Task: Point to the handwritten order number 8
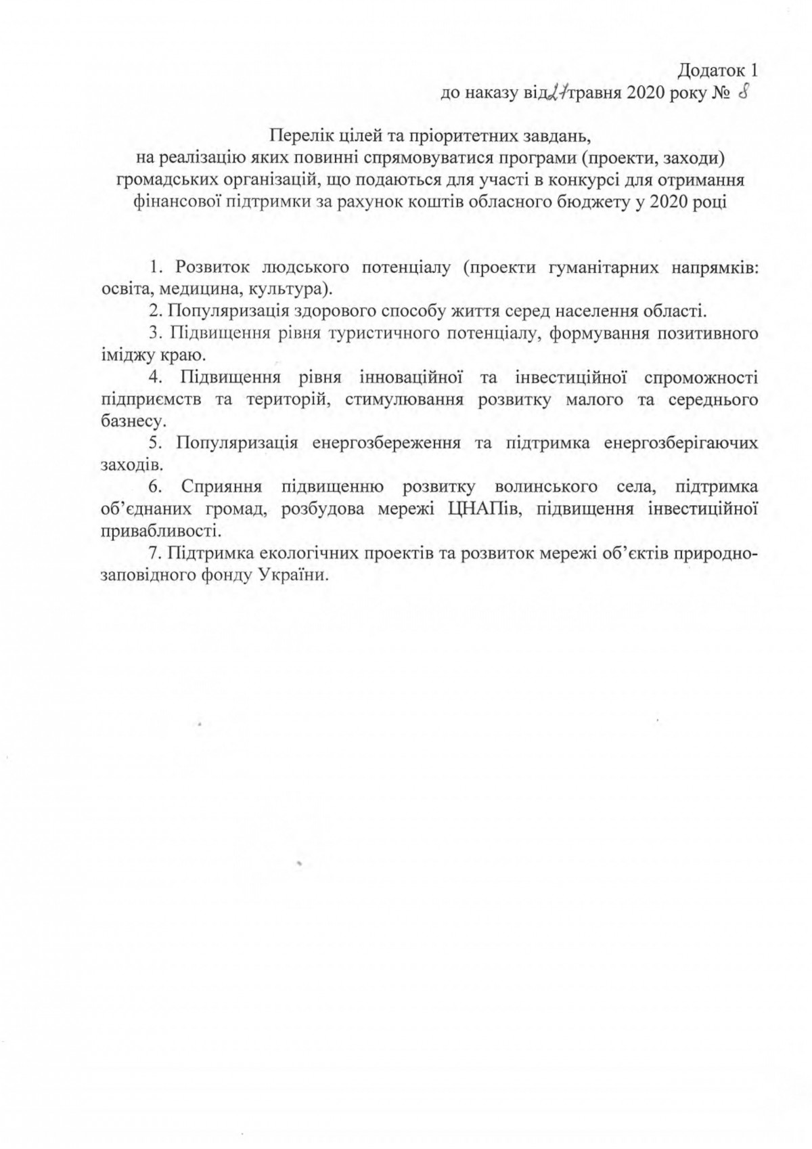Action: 742,92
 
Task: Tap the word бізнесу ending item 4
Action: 122,421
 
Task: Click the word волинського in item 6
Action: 546,486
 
